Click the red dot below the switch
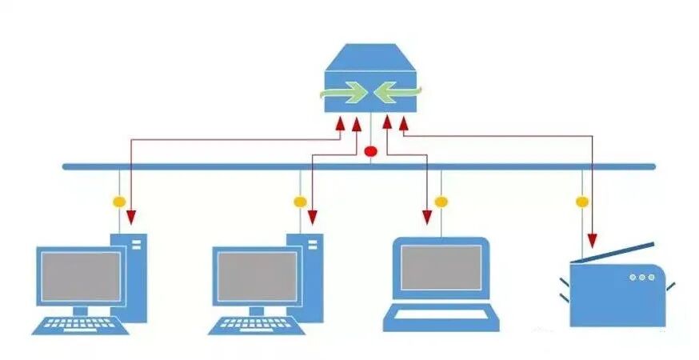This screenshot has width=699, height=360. click(369, 151)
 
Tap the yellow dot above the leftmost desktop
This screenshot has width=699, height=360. click(118, 202)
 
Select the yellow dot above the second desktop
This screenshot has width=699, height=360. click(300, 202)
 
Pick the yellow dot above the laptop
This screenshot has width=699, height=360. click(441, 202)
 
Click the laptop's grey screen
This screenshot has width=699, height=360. click(441, 267)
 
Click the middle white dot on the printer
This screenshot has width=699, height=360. click(641, 277)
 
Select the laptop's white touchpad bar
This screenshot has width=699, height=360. click(441, 314)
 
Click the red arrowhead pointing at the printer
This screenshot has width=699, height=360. click(593, 239)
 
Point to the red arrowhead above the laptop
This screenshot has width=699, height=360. click(427, 216)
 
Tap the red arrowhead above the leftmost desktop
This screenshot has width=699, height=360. click(130, 216)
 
